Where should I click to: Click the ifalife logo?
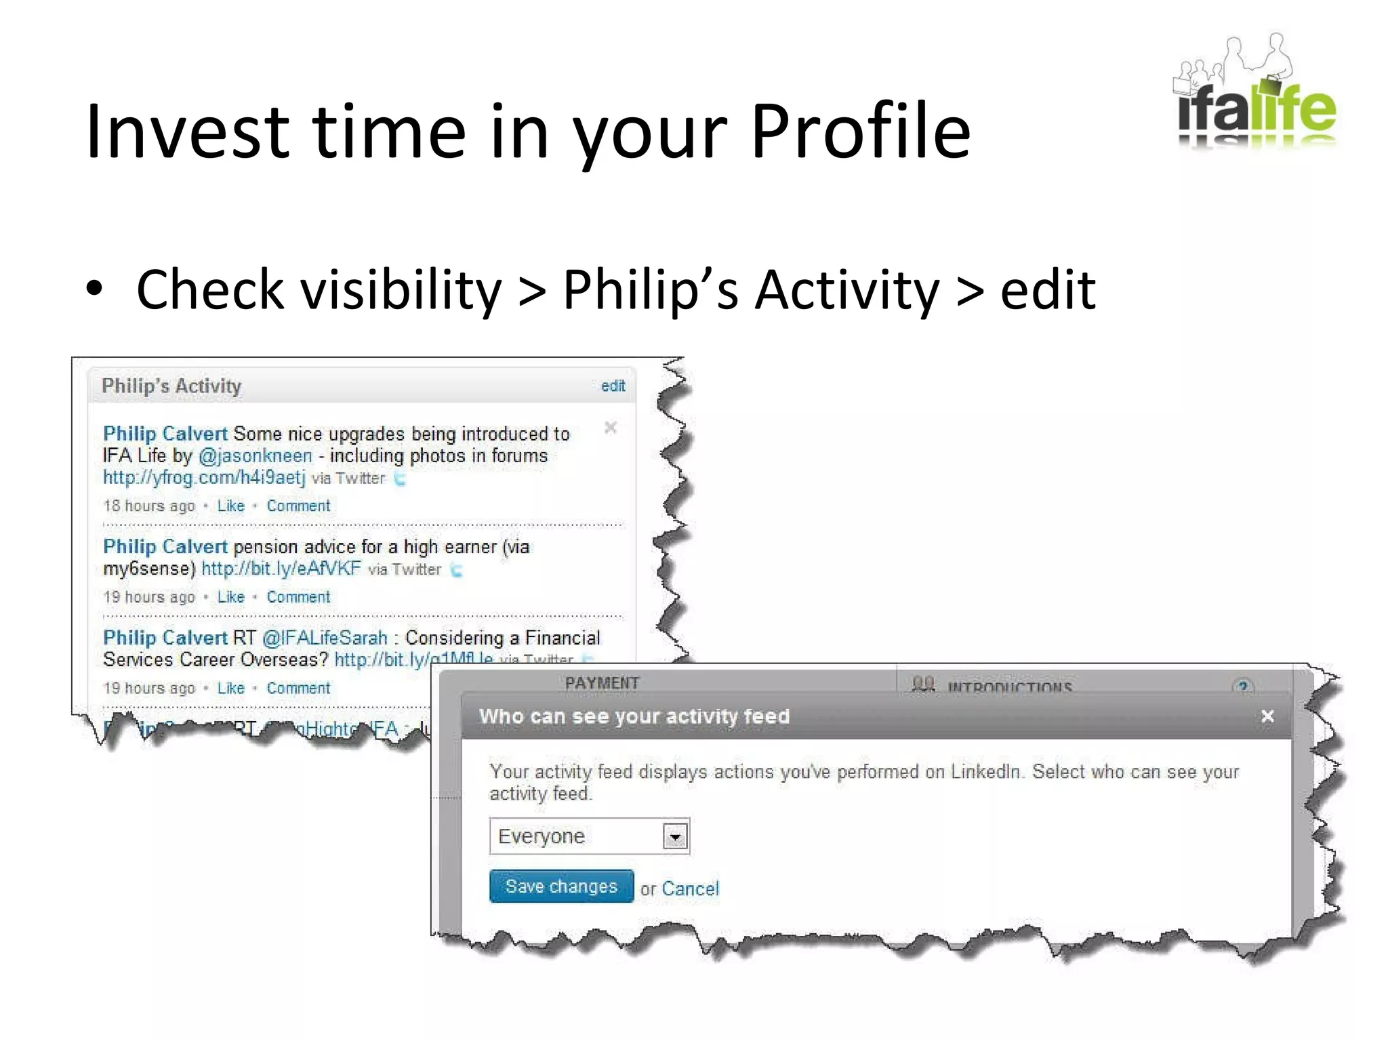[1256, 95]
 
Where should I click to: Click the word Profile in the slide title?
[860, 131]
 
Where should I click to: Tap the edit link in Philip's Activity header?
[613, 386]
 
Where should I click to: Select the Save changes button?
[561, 886]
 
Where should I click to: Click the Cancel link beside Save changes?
[690, 889]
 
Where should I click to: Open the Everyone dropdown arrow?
[675, 837]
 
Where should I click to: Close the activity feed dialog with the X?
[1267, 716]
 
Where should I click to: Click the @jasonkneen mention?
[256, 456]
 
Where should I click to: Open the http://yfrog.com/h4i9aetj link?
[204, 478]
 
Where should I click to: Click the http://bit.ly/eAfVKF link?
[281, 569]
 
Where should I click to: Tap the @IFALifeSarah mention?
[325, 638]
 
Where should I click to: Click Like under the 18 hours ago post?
[230, 506]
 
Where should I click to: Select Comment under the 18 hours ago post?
[298, 506]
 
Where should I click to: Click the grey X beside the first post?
[610, 428]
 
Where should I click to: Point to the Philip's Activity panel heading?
[171, 386]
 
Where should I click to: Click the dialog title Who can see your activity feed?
[634, 716]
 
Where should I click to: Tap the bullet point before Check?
[95, 290]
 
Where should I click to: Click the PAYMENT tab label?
[602, 683]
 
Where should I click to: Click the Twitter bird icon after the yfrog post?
[401, 479]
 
